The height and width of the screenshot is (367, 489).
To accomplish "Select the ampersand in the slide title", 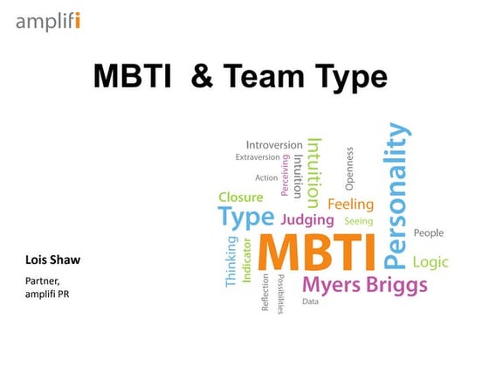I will (x=202, y=79).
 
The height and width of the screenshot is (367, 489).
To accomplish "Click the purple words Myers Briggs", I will (x=364, y=285).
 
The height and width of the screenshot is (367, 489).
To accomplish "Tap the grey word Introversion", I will (x=273, y=144).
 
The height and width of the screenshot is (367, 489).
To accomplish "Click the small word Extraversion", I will (x=258, y=157).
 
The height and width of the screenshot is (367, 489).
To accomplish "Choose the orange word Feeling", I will (x=350, y=204).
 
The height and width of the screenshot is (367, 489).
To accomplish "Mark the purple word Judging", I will (x=307, y=220).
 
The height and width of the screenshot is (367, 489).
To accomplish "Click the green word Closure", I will (x=240, y=197).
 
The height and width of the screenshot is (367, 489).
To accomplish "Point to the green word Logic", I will (x=430, y=262).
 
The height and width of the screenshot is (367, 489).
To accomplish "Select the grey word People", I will (x=428, y=233).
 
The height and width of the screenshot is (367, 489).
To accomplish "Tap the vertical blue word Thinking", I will (x=231, y=261).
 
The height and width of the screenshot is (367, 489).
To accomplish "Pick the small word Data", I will (x=310, y=301).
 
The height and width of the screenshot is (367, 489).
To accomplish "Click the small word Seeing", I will (x=358, y=221).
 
